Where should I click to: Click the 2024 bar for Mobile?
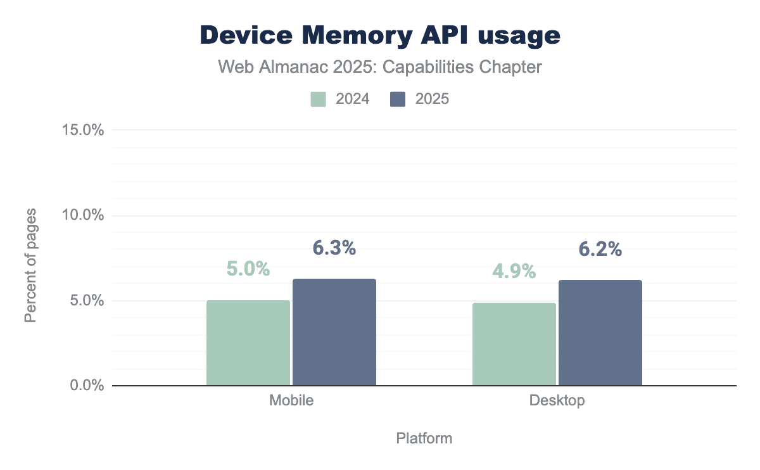click(x=248, y=343)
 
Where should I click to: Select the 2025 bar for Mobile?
click(x=334, y=332)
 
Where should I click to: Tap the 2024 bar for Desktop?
click(x=514, y=344)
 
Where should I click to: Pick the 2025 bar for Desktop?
click(x=600, y=333)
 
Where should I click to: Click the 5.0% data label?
click(x=248, y=269)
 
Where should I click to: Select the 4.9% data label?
click(x=514, y=271)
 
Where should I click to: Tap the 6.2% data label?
click(x=600, y=250)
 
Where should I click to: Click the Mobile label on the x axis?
click(x=291, y=401)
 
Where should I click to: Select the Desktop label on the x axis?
click(x=557, y=401)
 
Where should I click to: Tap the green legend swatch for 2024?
click(x=319, y=99)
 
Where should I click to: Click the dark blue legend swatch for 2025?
click(x=398, y=99)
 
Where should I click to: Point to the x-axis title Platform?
click(x=424, y=438)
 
